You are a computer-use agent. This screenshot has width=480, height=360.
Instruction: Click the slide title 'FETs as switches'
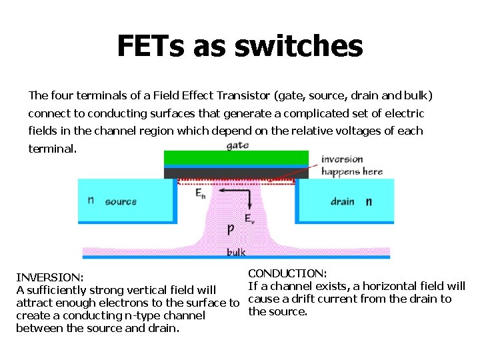[240, 47]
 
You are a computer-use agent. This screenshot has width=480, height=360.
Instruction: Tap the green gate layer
[236, 157]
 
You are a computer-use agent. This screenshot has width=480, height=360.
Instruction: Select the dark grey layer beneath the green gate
[236, 173]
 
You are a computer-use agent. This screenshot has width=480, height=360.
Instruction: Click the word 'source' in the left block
[121, 201]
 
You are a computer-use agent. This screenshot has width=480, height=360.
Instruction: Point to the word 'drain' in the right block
[342, 201]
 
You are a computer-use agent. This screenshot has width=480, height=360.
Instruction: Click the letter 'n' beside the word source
[91, 200]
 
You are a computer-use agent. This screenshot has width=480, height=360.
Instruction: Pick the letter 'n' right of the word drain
[368, 201]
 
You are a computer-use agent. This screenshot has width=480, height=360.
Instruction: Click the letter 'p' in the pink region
[231, 228]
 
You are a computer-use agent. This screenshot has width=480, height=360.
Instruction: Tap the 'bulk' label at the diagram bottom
[236, 252]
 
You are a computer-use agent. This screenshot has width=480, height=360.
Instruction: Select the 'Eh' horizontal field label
[201, 193]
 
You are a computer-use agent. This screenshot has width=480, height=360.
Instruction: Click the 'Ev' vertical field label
[249, 218]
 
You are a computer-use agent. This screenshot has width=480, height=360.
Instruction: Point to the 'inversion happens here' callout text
[351, 165]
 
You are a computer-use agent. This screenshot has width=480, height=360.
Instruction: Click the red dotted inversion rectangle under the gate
[236, 181]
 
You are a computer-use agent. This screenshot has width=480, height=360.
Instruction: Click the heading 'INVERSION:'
[49, 277]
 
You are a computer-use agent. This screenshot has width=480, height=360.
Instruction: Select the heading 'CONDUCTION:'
[287, 273]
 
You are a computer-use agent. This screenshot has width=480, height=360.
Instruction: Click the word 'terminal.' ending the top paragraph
[52, 148]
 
